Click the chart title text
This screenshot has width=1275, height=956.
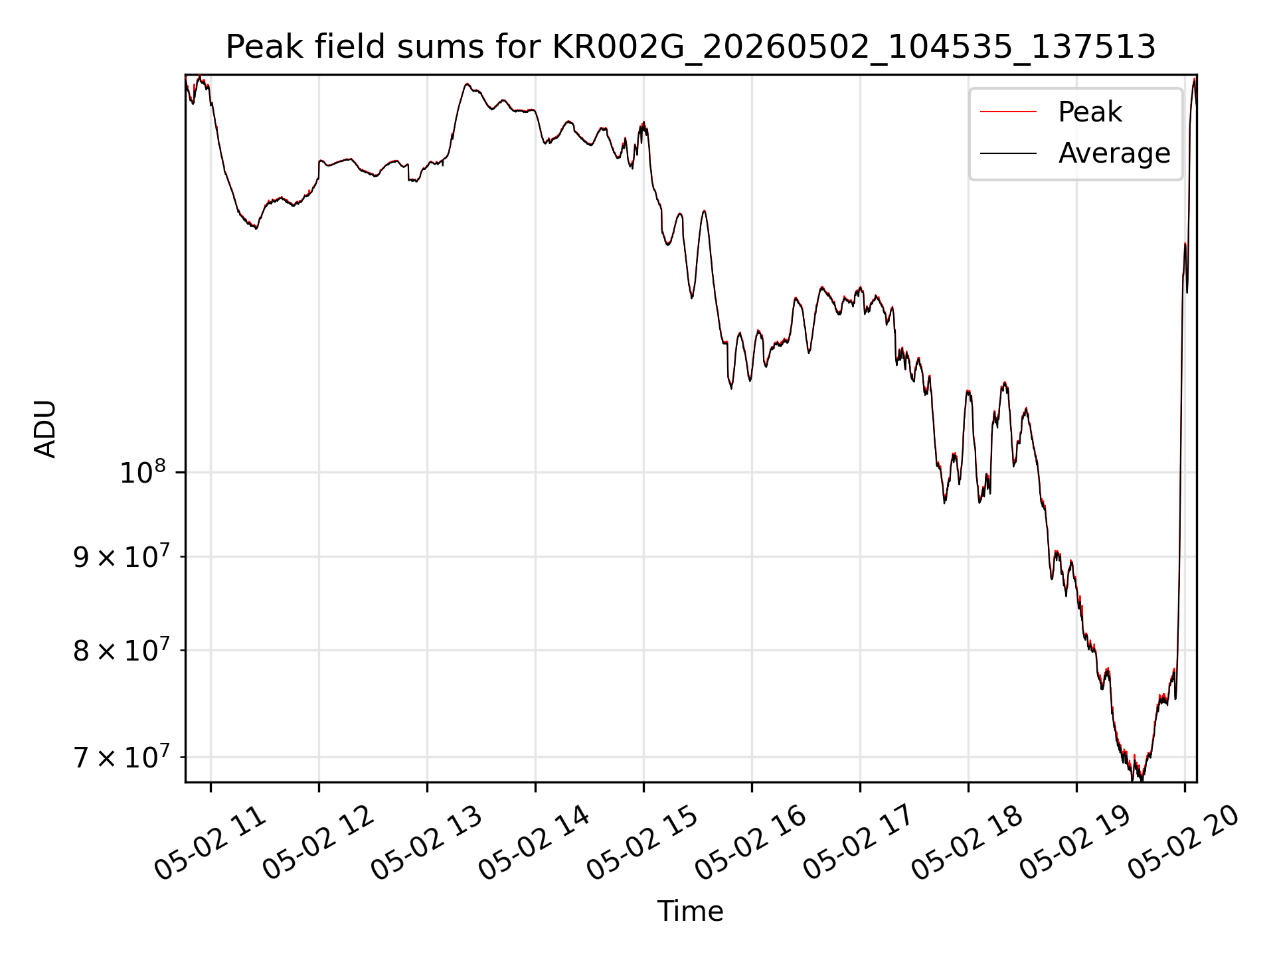click(x=691, y=47)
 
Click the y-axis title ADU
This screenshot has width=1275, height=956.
click(x=45, y=429)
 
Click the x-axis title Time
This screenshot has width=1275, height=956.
click(x=690, y=911)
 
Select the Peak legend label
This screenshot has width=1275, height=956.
click(x=1090, y=112)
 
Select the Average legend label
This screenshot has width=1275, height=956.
click(x=1114, y=153)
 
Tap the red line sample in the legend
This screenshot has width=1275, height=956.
click(x=1008, y=112)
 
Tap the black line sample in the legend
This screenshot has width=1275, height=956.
click(x=1008, y=153)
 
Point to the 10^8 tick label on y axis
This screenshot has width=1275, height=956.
click(x=142, y=472)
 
